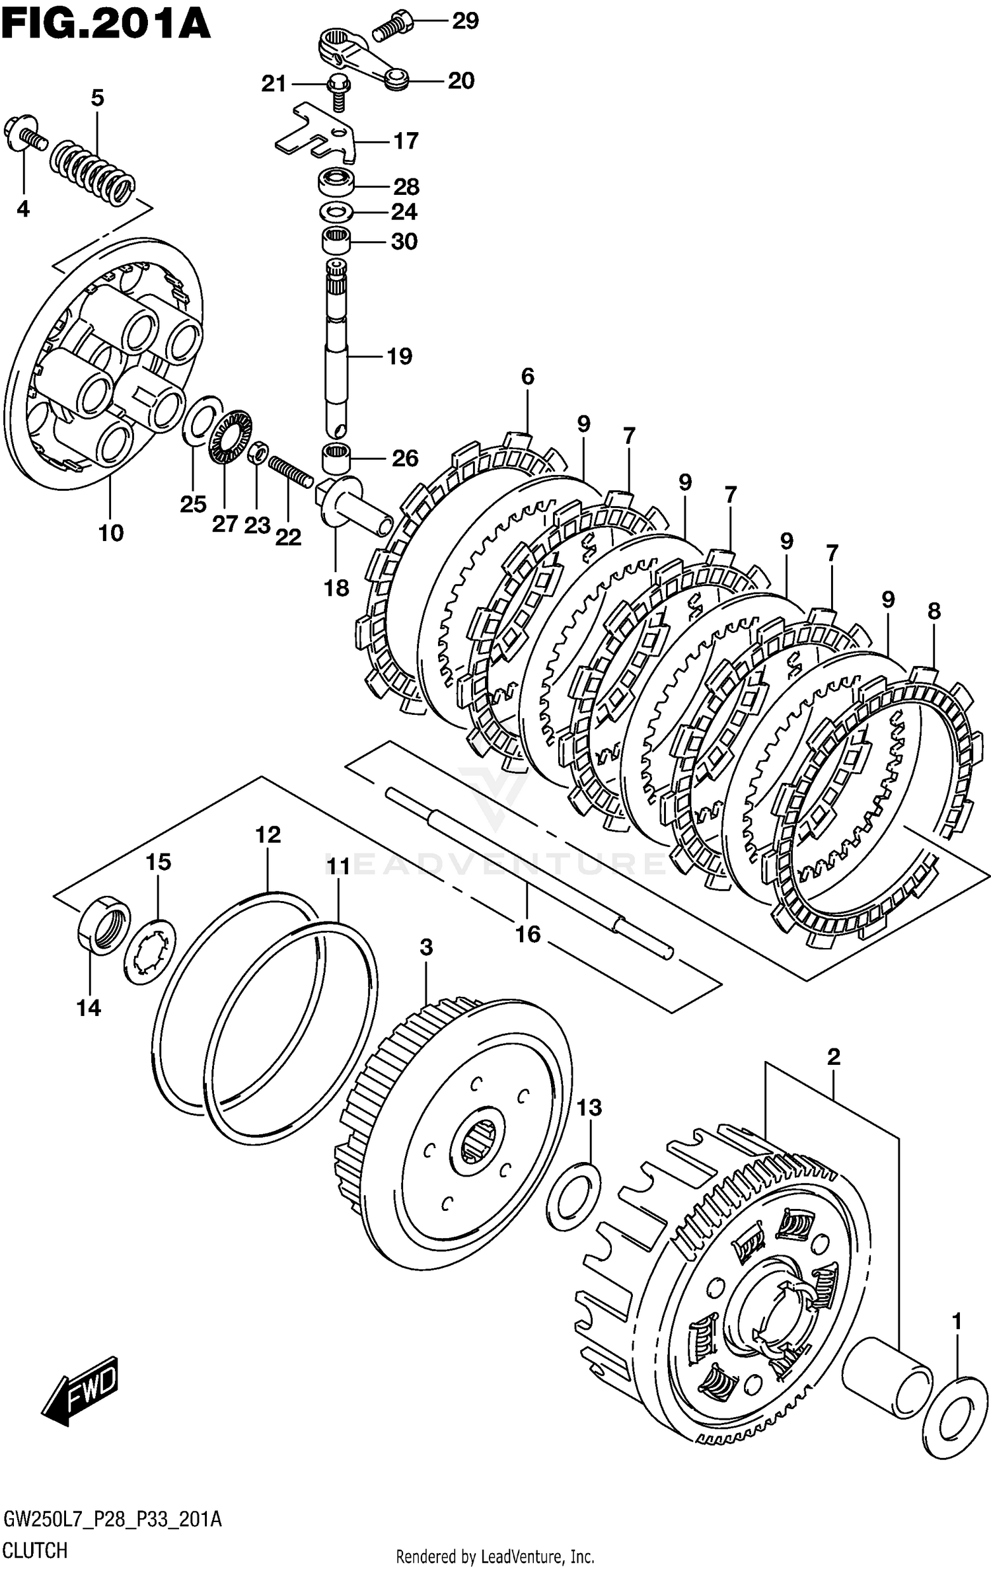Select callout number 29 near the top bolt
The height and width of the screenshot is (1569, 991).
tap(465, 21)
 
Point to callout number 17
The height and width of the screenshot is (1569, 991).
tap(406, 141)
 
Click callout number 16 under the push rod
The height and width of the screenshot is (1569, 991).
tap(528, 934)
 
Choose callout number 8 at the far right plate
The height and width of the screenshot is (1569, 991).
tap(934, 611)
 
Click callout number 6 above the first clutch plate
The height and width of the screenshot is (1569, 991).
tap(527, 377)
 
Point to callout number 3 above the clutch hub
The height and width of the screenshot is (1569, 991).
tap(426, 947)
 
